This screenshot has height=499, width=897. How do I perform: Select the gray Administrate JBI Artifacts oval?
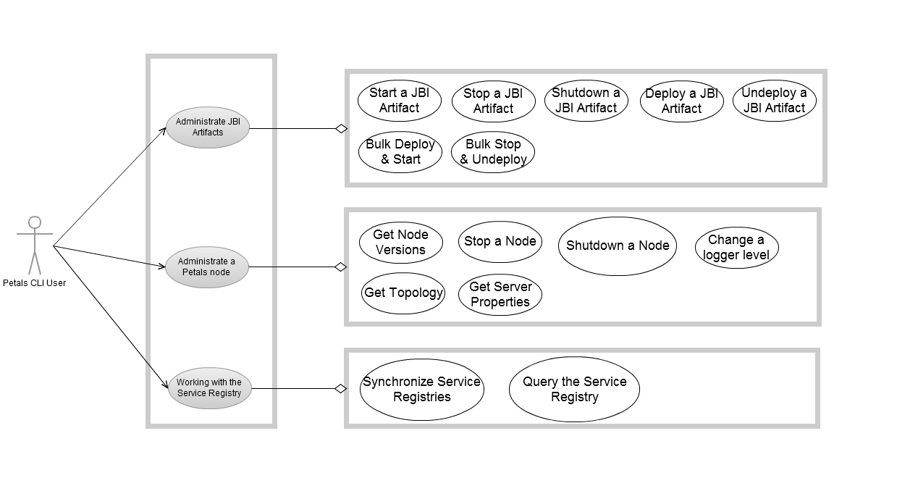(x=208, y=127)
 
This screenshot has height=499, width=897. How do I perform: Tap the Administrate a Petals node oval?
(x=208, y=267)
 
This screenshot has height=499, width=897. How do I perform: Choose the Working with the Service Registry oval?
(x=209, y=387)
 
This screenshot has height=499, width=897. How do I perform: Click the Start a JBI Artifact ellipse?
(x=399, y=101)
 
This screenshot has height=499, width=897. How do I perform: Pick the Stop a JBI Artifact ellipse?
(x=493, y=101)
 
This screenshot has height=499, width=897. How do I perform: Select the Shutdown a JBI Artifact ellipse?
(x=586, y=101)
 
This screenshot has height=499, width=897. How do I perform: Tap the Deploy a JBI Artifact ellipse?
(x=681, y=101)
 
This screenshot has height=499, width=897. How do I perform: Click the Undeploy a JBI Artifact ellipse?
(x=774, y=101)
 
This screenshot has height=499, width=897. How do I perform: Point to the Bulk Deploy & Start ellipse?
(x=399, y=152)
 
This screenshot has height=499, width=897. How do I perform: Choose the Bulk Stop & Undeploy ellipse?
(x=493, y=152)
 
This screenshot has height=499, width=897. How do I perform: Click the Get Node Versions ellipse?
(x=400, y=243)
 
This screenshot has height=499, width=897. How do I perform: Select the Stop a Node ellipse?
(x=500, y=242)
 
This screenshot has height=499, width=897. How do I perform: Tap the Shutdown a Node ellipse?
(x=618, y=246)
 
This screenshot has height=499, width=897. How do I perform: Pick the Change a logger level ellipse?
(x=736, y=248)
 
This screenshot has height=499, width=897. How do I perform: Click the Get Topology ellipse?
(x=403, y=293)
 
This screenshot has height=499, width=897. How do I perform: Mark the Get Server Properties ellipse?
(x=500, y=294)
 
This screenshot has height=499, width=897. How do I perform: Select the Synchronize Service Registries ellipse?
(x=421, y=390)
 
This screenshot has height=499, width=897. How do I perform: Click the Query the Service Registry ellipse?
(x=574, y=390)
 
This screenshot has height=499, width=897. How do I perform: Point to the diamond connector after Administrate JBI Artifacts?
(x=341, y=129)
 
